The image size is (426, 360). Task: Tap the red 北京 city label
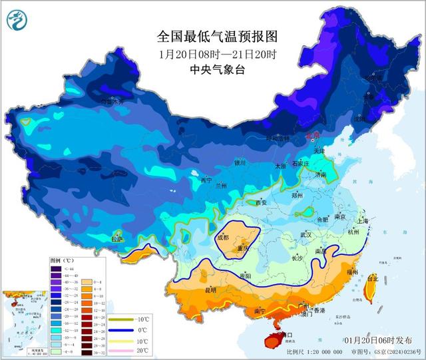(x=313, y=136)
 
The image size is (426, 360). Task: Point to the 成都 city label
(x=222, y=237)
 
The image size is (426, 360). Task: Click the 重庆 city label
(x=241, y=248)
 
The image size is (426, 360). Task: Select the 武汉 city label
(x=306, y=235)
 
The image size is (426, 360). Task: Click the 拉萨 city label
(x=117, y=240)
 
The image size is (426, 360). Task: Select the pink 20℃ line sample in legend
(x=122, y=350)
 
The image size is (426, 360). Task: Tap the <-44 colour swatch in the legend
(x=55, y=267)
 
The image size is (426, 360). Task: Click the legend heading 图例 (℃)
(x=60, y=260)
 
